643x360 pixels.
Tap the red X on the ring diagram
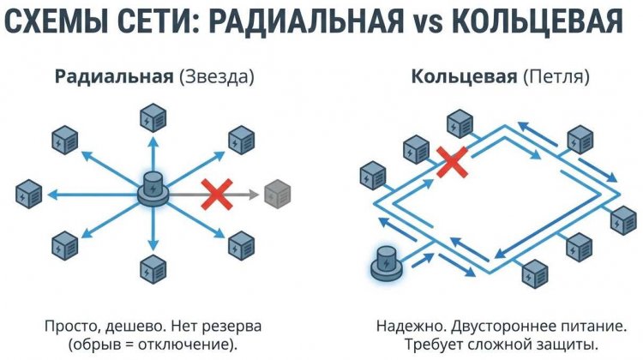click(x=451, y=161)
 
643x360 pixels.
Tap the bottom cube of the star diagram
click(x=153, y=268)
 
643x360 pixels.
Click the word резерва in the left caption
click(x=231, y=327)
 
